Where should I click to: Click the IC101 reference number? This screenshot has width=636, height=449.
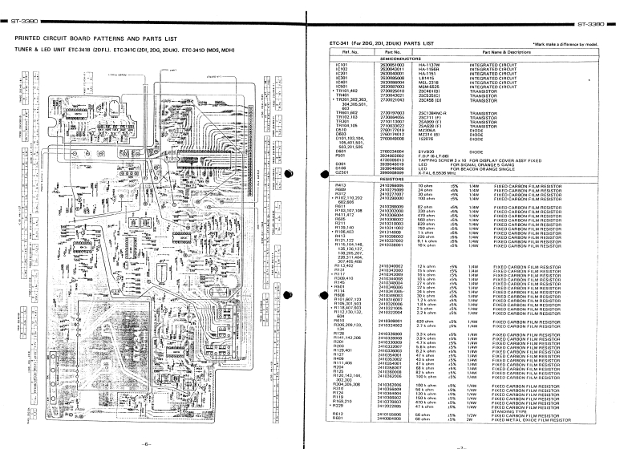tap(341, 63)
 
